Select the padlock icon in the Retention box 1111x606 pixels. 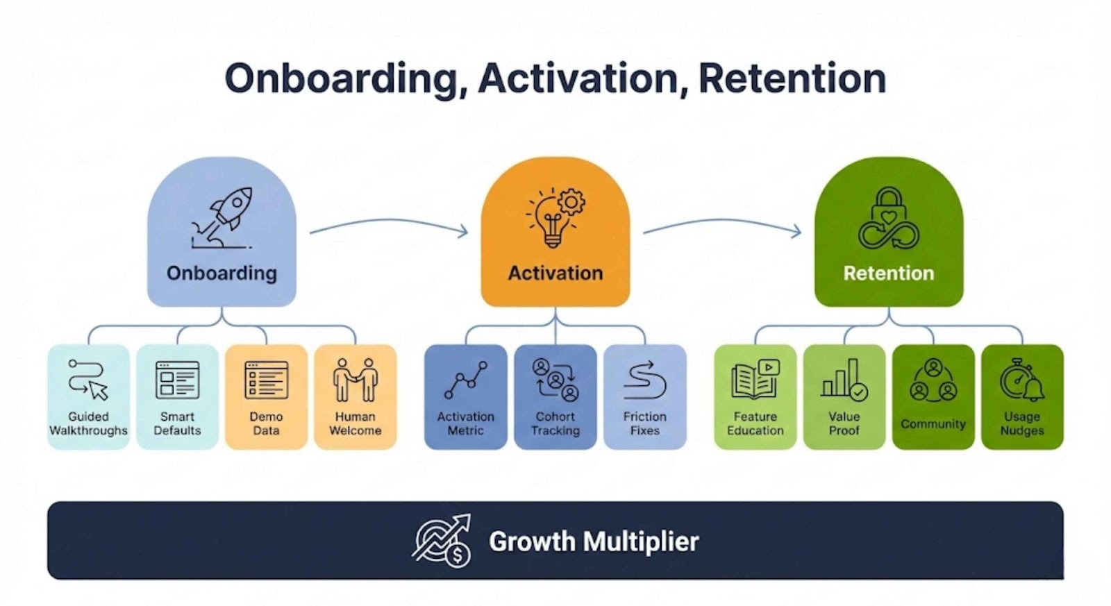[889, 217]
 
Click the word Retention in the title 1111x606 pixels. [792, 78]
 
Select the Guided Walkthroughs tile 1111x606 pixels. [88, 397]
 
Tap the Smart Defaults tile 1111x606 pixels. [177, 397]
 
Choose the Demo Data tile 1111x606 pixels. [267, 397]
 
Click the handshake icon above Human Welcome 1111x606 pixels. [355, 380]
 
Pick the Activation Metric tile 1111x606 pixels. [466, 397]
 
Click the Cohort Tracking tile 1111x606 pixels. [555, 397]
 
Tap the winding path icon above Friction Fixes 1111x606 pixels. [645, 380]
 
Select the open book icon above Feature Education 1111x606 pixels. [755, 380]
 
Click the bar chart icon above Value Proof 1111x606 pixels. [844, 380]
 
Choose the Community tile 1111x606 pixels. [933, 397]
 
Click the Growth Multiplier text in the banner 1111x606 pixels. [594, 541]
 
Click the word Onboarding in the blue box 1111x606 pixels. [222, 273]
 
